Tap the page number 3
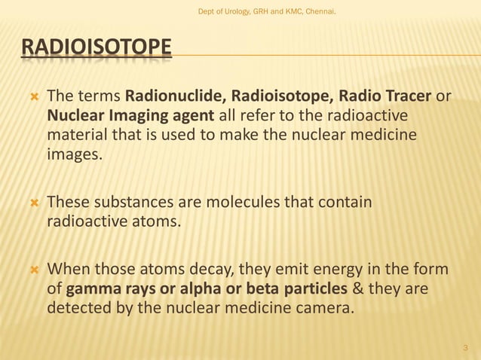(465, 348)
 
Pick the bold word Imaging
(134, 116)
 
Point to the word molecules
(243, 203)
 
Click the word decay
(198, 270)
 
